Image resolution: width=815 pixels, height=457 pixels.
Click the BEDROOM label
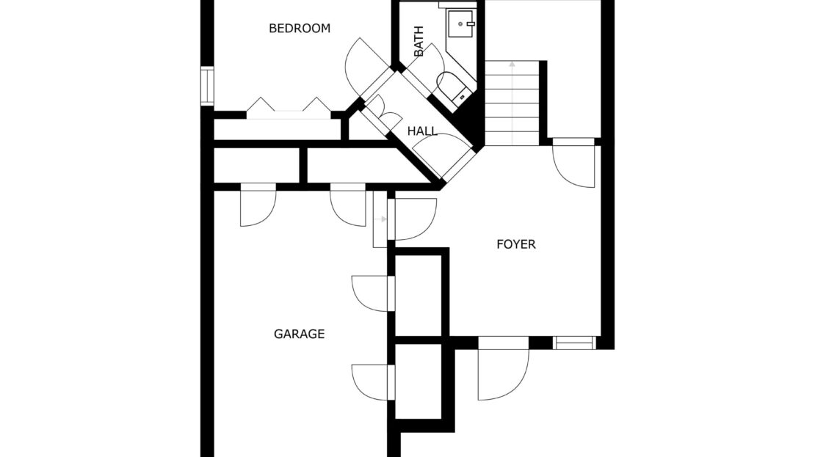pyautogui.click(x=300, y=28)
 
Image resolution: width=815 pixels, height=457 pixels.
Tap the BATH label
pyautogui.click(x=419, y=41)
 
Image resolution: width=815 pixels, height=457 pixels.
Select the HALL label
pyautogui.click(x=422, y=131)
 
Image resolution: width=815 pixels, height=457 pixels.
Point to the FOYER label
pyautogui.click(x=515, y=244)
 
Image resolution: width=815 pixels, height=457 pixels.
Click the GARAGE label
pyautogui.click(x=299, y=334)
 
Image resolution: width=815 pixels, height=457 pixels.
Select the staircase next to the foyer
pyautogui.click(x=512, y=103)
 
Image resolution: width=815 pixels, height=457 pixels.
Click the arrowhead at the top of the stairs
pyautogui.click(x=512, y=65)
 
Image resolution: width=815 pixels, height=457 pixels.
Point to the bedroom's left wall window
pyautogui.click(x=207, y=87)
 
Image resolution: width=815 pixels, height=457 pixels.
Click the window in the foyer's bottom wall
pyautogui.click(x=574, y=343)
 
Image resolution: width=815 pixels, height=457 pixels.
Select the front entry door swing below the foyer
pyautogui.click(x=503, y=374)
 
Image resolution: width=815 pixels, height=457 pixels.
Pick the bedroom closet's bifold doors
pyautogui.click(x=289, y=108)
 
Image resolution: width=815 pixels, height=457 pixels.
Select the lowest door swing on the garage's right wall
pyautogui.click(x=370, y=382)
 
